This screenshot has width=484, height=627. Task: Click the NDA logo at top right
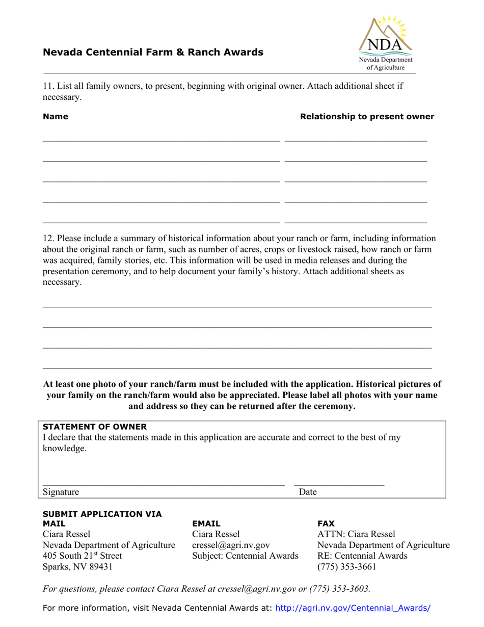[x=386, y=43]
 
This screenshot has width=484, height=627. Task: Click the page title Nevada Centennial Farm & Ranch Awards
[x=153, y=52]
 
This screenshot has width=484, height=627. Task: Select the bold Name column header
[x=56, y=117]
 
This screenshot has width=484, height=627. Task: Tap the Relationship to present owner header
[x=367, y=117]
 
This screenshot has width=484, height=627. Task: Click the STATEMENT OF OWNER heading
[x=95, y=427]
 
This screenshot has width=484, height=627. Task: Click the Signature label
[x=61, y=492]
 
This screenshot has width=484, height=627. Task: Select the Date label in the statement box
[x=308, y=492]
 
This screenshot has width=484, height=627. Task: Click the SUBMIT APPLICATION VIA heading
[x=102, y=514]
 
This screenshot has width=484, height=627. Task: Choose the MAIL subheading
[x=54, y=524]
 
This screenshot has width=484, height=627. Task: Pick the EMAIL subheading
[x=206, y=524]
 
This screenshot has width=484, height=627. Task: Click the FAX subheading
[x=326, y=524]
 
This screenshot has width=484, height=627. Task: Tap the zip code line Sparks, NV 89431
[x=77, y=566]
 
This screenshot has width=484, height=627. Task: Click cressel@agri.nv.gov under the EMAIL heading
[x=231, y=545]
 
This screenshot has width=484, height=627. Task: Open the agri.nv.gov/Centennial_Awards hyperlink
[x=353, y=608]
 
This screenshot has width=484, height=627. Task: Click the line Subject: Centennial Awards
[x=245, y=556]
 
